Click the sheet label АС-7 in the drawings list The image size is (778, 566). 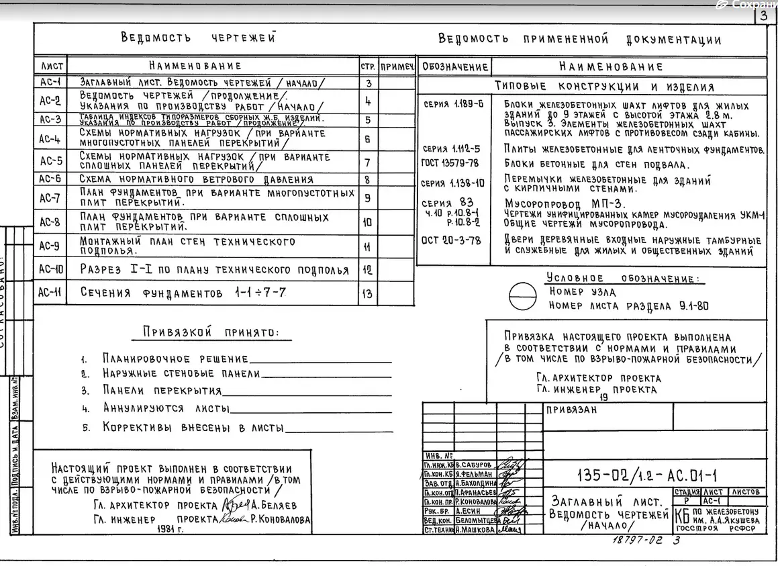(50, 198)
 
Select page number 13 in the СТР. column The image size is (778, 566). (367, 293)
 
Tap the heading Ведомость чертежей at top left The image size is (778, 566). (198, 38)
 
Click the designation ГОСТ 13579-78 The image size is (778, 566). (450, 163)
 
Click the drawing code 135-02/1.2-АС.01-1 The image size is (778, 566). (647, 476)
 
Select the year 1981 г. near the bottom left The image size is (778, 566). (171, 529)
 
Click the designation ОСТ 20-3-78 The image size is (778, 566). (450, 240)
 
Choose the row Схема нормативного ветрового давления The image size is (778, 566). (196, 179)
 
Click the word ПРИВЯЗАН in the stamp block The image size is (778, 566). (571, 412)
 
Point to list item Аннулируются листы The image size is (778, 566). (166, 408)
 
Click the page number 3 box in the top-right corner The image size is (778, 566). (765, 16)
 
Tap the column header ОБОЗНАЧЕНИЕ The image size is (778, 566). (454, 66)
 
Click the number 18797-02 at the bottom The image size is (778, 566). (637, 540)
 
